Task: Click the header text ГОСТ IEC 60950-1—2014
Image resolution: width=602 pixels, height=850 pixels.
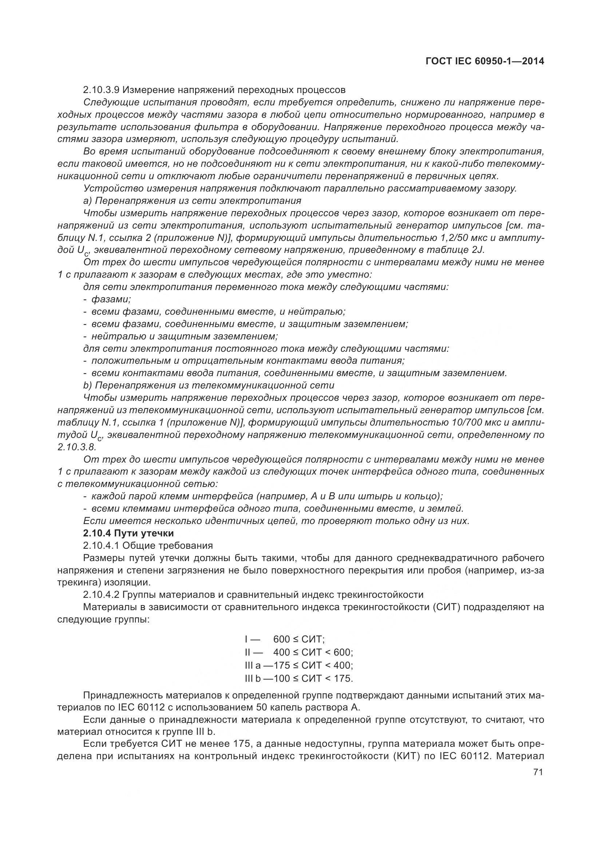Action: click(485, 61)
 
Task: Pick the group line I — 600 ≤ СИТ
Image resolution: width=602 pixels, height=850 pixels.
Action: click(284, 639)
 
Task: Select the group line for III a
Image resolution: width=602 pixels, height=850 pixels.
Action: click(299, 665)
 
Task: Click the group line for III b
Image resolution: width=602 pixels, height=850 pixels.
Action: click(299, 678)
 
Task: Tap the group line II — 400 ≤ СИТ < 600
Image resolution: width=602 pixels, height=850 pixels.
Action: click(299, 652)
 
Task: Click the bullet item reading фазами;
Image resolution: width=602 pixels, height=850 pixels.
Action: click(111, 299)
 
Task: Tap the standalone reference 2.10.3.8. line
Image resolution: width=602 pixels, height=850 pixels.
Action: click(77, 447)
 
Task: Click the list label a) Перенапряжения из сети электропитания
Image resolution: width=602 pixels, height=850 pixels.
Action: click(192, 201)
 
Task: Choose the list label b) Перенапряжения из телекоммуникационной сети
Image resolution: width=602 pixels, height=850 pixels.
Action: click(208, 385)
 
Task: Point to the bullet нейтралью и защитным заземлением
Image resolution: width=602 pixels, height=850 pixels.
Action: click(184, 336)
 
